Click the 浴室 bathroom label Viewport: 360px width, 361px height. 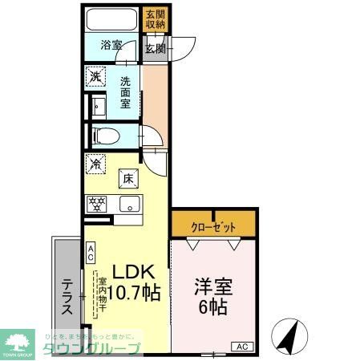click(x=111, y=46)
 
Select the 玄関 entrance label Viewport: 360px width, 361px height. click(x=155, y=48)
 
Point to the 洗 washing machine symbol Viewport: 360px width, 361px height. click(x=96, y=77)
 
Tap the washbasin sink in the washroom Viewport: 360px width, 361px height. click(x=99, y=107)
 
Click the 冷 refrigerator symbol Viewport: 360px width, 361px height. click(x=96, y=164)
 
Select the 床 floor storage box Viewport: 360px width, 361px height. click(x=127, y=178)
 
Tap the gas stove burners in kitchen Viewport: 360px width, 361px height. click(x=97, y=204)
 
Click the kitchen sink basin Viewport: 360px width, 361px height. click(x=128, y=204)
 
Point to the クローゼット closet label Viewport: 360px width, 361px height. click(x=213, y=227)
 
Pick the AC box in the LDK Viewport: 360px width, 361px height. click(x=91, y=254)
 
